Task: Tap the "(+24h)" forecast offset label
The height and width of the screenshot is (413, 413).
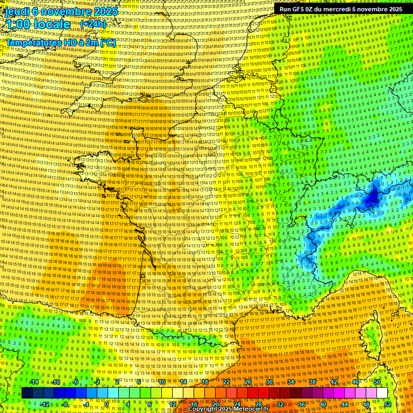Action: pyautogui.click(x=93, y=24)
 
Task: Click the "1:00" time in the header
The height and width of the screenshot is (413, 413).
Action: pyautogui.click(x=18, y=24)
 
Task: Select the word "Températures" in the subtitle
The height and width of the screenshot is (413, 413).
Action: pyautogui.click(x=33, y=42)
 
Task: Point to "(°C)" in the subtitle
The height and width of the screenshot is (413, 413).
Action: pyautogui.click(x=107, y=42)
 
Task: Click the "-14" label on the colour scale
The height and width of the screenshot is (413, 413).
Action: pyautogui.click(x=33, y=382)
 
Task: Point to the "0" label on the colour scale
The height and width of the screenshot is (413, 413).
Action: pyautogui.click(x=107, y=404)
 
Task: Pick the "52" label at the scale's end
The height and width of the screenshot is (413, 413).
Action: pyautogui.click(x=387, y=404)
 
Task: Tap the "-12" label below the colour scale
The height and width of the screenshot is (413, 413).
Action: pyautogui.click(x=44, y=404)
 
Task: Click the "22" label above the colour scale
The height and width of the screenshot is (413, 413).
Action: pyautogui.click(x=226, y=382)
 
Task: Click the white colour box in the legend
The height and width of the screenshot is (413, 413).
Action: pyautogui.click(x=382, y=393)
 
